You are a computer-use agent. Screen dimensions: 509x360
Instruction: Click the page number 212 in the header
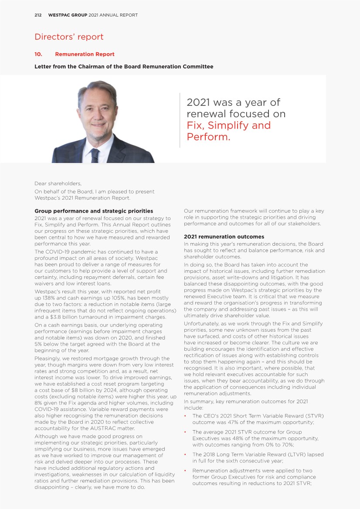coord(38,15)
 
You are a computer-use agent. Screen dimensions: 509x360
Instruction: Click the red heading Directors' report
coord(69,37)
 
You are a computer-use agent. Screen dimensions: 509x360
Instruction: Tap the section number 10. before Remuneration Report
coord(38,54)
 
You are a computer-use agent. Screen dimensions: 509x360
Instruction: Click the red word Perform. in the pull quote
coord(208,137)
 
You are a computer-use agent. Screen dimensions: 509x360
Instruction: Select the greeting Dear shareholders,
coord(58,183)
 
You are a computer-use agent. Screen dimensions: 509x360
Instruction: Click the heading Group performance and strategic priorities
coord(94,211)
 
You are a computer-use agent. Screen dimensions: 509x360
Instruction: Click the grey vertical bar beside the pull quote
coord(180,120)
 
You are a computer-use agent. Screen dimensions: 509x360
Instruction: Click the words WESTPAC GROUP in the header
coord(68,15)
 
